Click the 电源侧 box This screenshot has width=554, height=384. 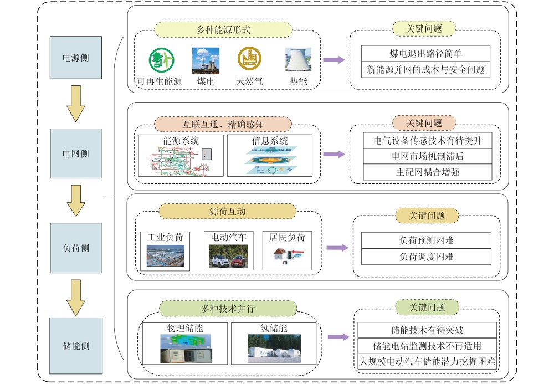[75, 58]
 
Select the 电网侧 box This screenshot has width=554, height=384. [75, 153]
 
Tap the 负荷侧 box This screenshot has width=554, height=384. [75, 248]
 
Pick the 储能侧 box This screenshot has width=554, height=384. [75, 346]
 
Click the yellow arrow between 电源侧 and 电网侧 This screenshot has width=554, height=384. [75, 104]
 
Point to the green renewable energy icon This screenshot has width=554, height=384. [161, 60]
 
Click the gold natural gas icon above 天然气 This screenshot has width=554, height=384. [249, 59]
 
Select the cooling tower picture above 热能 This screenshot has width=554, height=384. [298, 60]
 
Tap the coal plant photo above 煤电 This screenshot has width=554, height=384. [206, 61]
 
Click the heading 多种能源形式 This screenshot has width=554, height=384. [223, 30]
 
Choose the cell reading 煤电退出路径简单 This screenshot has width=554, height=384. [425, 53]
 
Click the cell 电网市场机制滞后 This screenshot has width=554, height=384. [428, 156]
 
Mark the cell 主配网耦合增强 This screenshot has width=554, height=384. [428, 172]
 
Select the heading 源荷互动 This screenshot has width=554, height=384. [228, 211]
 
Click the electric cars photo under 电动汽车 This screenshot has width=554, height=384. [229, 257]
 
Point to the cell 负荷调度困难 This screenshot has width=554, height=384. [426, 257]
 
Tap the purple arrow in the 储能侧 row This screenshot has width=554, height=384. [338, 337]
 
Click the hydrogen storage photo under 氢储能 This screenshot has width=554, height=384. [274, 349]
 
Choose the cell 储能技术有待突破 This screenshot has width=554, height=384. [427, 330]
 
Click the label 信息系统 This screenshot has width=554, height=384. [270, 141]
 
